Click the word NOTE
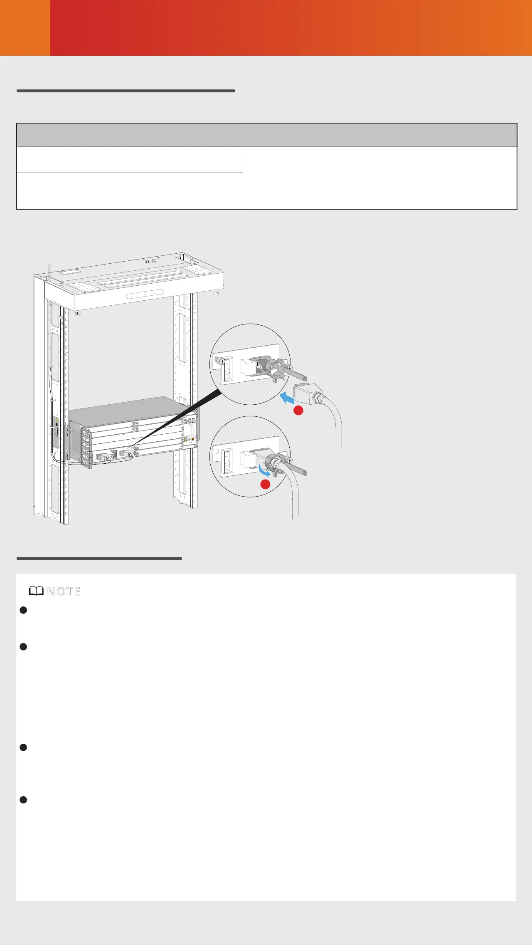coord(64,591)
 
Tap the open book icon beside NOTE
coord(37,591)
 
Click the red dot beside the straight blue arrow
coord(298,411)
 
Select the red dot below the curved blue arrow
coord(265,484)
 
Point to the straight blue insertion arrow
coord(287,398)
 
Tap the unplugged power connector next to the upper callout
coord(308,394)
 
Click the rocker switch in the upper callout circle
coord(227,371)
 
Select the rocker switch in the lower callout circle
coord(227,460)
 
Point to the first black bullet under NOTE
coord(23,610)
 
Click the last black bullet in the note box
coord(23,800)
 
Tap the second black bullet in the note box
coord(23,647)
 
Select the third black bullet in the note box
coord(23,747)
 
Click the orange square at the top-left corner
coord(25,27)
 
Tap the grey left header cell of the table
coord(130,135)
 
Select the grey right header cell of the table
coord(380,135)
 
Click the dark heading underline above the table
coord(126,91)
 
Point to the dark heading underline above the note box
coord(99,558)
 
